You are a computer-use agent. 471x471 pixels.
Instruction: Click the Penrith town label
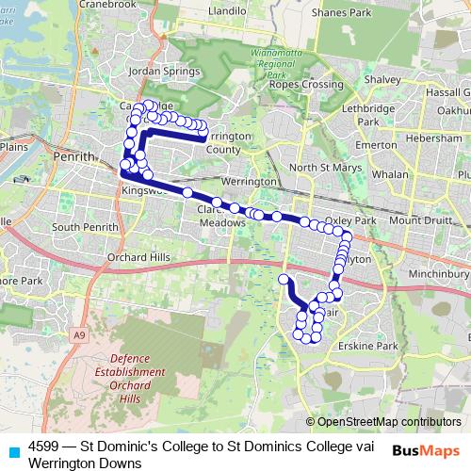pyautogui.click(x=74, y=155)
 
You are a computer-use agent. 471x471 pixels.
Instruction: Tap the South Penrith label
pyautogui.click(x=82, y=227)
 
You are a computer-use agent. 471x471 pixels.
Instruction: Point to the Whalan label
pyautogui.click(x=390, y=174)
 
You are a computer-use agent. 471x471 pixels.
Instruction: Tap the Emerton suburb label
pyautogui.click(x=376, y=145)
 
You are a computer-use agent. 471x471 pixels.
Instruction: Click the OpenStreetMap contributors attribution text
pyautogui.click(x=389, y=421)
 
